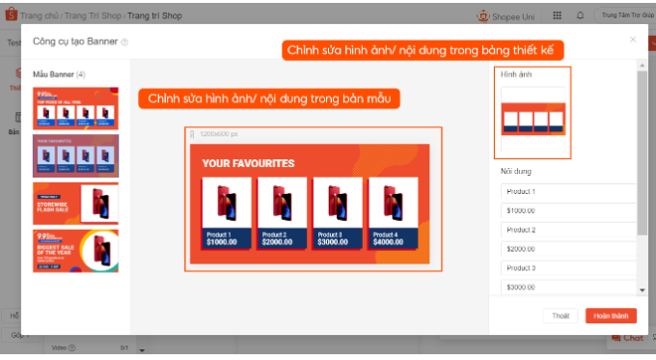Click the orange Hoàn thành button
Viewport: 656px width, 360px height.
611,316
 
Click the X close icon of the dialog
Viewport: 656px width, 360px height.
633,40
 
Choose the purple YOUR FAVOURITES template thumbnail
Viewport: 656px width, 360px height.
75,154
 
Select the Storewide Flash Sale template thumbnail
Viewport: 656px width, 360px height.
75,203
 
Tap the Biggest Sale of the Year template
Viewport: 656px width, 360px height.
75,250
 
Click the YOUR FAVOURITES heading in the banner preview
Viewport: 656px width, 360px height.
248,164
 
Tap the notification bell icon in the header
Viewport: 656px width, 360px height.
580,15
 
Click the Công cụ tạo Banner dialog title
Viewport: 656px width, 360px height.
76,42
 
